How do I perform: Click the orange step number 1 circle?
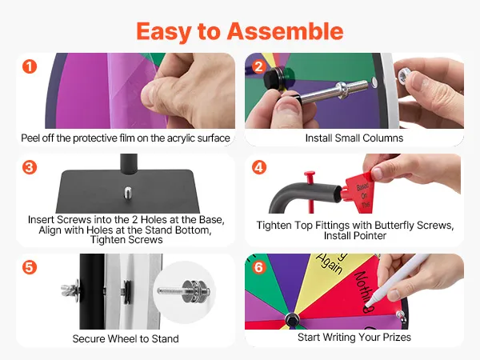[x=30, y=66]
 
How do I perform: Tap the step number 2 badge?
[x=259, y=66]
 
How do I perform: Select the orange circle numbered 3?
[x=30, y=167]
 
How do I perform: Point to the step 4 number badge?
[x=259, y=167]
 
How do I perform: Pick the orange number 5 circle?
[x=30, y=267]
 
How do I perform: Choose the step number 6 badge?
[x=259, y=267]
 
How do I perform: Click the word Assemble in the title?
[x=285, y=31]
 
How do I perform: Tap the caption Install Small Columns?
[x=354, y=138]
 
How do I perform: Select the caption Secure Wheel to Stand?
[x=126, y=338]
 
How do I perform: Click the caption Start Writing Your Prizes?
[x=354, y=337]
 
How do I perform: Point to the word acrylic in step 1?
[x=180, y=138]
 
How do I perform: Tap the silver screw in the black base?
[x=128, y=193]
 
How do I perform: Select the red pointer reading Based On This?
[x=358, y=193]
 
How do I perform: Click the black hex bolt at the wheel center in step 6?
[x=292, y=319]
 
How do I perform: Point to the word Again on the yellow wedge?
[x=329, y=263]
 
